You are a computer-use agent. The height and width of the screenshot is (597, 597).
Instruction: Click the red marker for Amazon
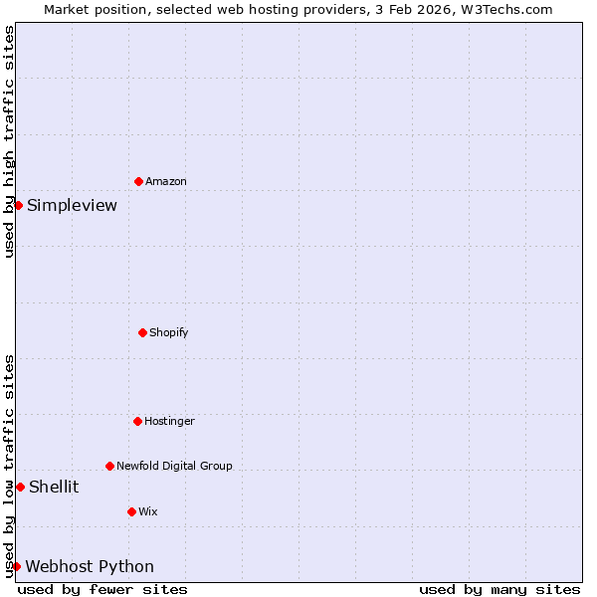pyautogui.click(x=138, y=181)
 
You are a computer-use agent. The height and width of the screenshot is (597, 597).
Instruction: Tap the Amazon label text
pyautogui.click(x=165, y=182)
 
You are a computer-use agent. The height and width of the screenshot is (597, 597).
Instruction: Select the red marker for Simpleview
pyautogui.click(x=18, y=205)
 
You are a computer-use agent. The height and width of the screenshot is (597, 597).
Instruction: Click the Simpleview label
pyautogui.click(x=72, y=206)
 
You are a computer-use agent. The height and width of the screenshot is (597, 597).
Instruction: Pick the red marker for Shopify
pyautogui.click(x=142, y=332)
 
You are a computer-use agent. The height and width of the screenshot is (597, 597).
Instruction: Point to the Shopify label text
pyautogui.click(x=168, y=332)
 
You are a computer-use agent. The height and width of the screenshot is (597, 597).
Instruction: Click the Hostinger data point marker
pyautogui.click(x=137, y=421)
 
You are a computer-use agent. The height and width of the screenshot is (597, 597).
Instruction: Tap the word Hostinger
pyautogui.click(x=169, y=422)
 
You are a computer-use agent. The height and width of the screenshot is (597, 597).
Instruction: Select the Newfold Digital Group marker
pyautogui.click(x=109, y=466)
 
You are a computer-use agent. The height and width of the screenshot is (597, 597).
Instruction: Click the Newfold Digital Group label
pyautogui.click(x=174, y=466)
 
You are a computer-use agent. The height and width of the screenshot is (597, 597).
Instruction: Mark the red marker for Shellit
pyautogui.click(x=20, y=487)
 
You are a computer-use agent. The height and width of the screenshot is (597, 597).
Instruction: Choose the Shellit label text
pyautogui.click(x=54, y=488)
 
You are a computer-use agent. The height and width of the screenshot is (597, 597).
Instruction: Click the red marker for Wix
pyautogui.click(x=131, y=511)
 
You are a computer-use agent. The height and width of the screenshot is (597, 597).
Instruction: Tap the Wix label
pyautogui.click(x=147, y=512)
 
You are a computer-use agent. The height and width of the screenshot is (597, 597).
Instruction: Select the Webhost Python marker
pyautogui.click(x=16, y=566)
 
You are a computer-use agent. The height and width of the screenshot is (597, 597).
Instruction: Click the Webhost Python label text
pyautogui.click(x=90, y=567)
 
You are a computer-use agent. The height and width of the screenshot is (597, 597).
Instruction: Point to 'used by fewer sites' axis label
pyautogui.click(x=102, y=590)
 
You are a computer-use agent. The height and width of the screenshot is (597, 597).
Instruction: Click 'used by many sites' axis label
pyautogui.click(x=499, y=590)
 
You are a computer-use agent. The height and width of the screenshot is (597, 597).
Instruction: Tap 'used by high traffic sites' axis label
pyautogui.click(x=9, y=141)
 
